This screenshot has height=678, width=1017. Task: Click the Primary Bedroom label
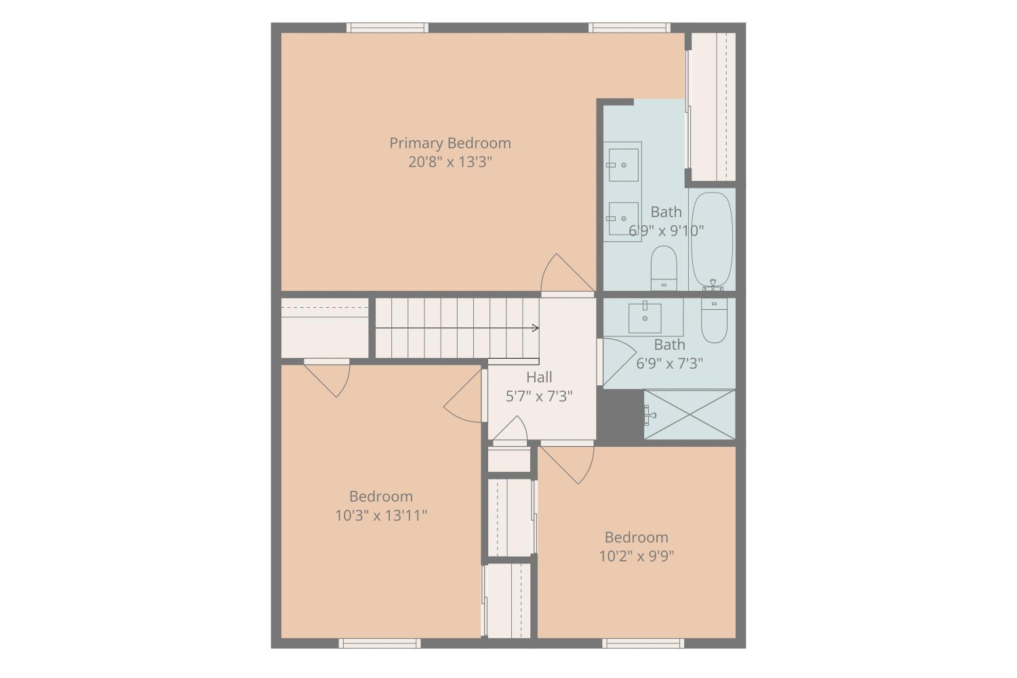[x=450, y=144]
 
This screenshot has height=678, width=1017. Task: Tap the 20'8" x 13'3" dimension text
[x=450, y=162]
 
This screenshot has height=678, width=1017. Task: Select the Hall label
[x=539, y=377]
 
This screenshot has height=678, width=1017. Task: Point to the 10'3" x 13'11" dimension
[x=381, y=515]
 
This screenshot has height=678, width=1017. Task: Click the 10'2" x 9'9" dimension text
[x=636, y=556]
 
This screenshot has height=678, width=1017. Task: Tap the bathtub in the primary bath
[x=711, y=240]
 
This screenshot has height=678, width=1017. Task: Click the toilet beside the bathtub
[x=664, y=268]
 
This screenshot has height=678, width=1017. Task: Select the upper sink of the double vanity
[x=623, y=164]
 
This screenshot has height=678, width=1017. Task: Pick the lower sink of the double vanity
[x=623, y=218]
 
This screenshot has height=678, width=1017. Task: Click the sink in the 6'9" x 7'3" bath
[x=645, y=317]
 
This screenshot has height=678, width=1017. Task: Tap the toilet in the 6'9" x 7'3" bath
[x=714, y=320]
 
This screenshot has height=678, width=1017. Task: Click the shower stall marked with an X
[x=690, y=414]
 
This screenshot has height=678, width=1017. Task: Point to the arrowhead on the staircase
[x=536, y=328]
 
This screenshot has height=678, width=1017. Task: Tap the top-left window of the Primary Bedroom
[x=387, y=28]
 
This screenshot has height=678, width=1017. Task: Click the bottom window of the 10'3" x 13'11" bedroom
[x=380, y=643]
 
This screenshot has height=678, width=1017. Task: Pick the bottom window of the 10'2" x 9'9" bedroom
[x=643, y=643]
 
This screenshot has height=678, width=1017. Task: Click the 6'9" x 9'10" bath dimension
[x=666, y=231]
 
